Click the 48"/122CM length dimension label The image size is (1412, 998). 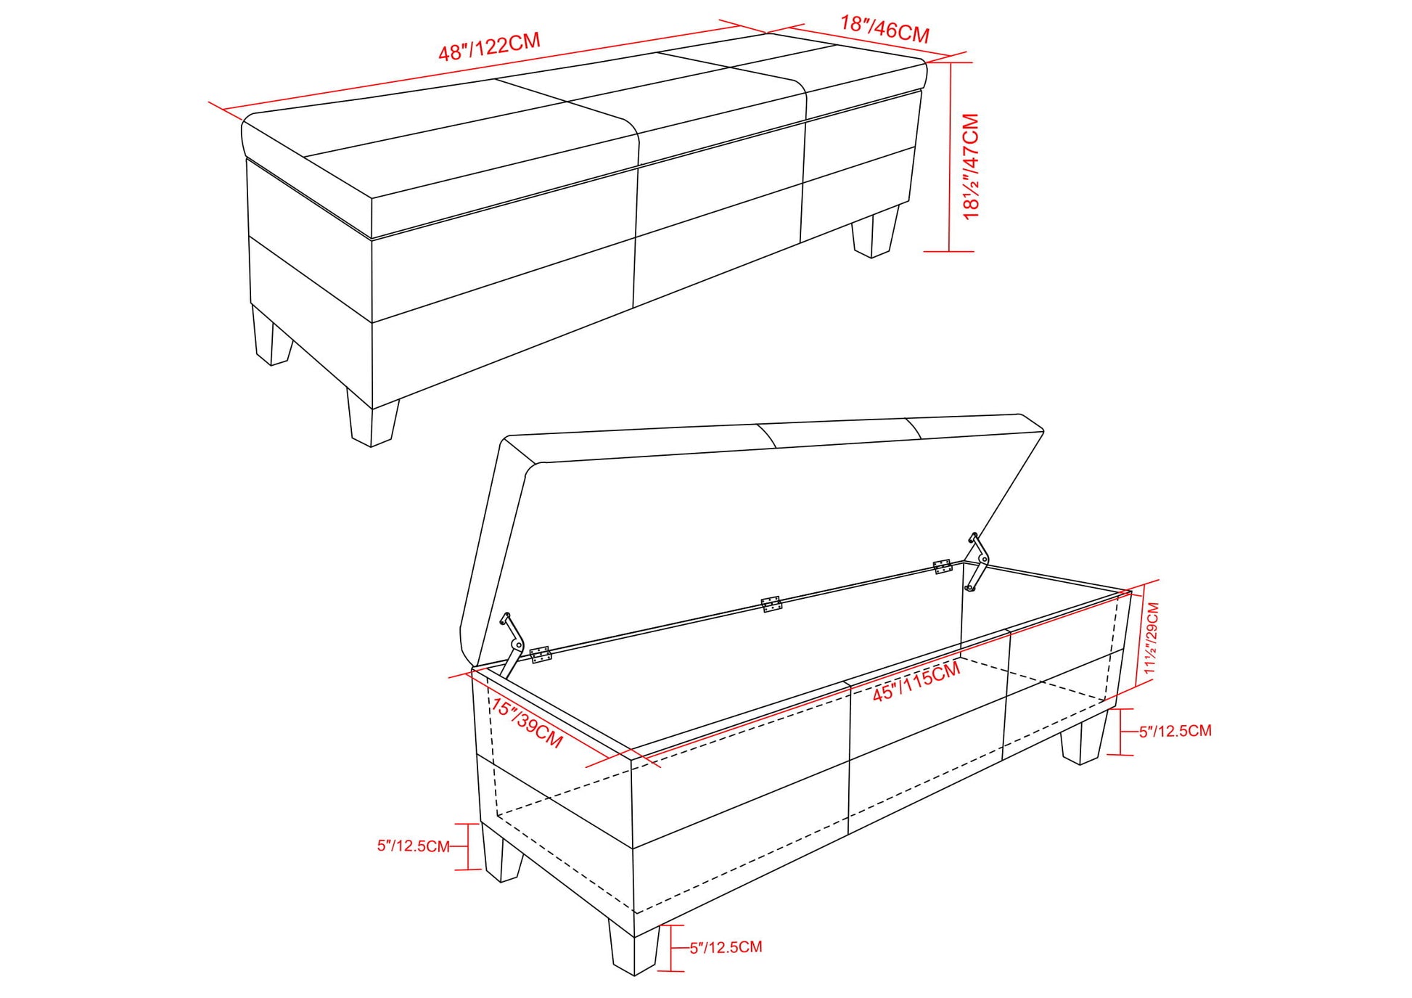(x=490, y=46)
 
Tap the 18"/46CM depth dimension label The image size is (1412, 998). (x=885, y=29)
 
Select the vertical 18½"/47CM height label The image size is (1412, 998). (x=971, y=166)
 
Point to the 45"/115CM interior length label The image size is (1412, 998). (x=916, y=682)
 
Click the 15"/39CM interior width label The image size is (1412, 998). (x=527, y=723)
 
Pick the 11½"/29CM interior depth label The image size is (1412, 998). (x=1151, y=638)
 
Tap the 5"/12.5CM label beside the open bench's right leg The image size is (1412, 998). (x=1175, y=731)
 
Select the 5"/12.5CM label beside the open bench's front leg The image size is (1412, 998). (x=726, y=947)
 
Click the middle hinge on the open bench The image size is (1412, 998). (x=771, y=604)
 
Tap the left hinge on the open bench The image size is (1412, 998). (x=541, y=654)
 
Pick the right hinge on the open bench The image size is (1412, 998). (x=943, y=566)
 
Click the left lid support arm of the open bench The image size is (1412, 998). (x=512, y=645)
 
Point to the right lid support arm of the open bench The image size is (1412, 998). (x=977, y=562)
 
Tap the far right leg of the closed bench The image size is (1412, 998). (x=876, y=232)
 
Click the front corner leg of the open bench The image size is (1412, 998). (x=634, y=949)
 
